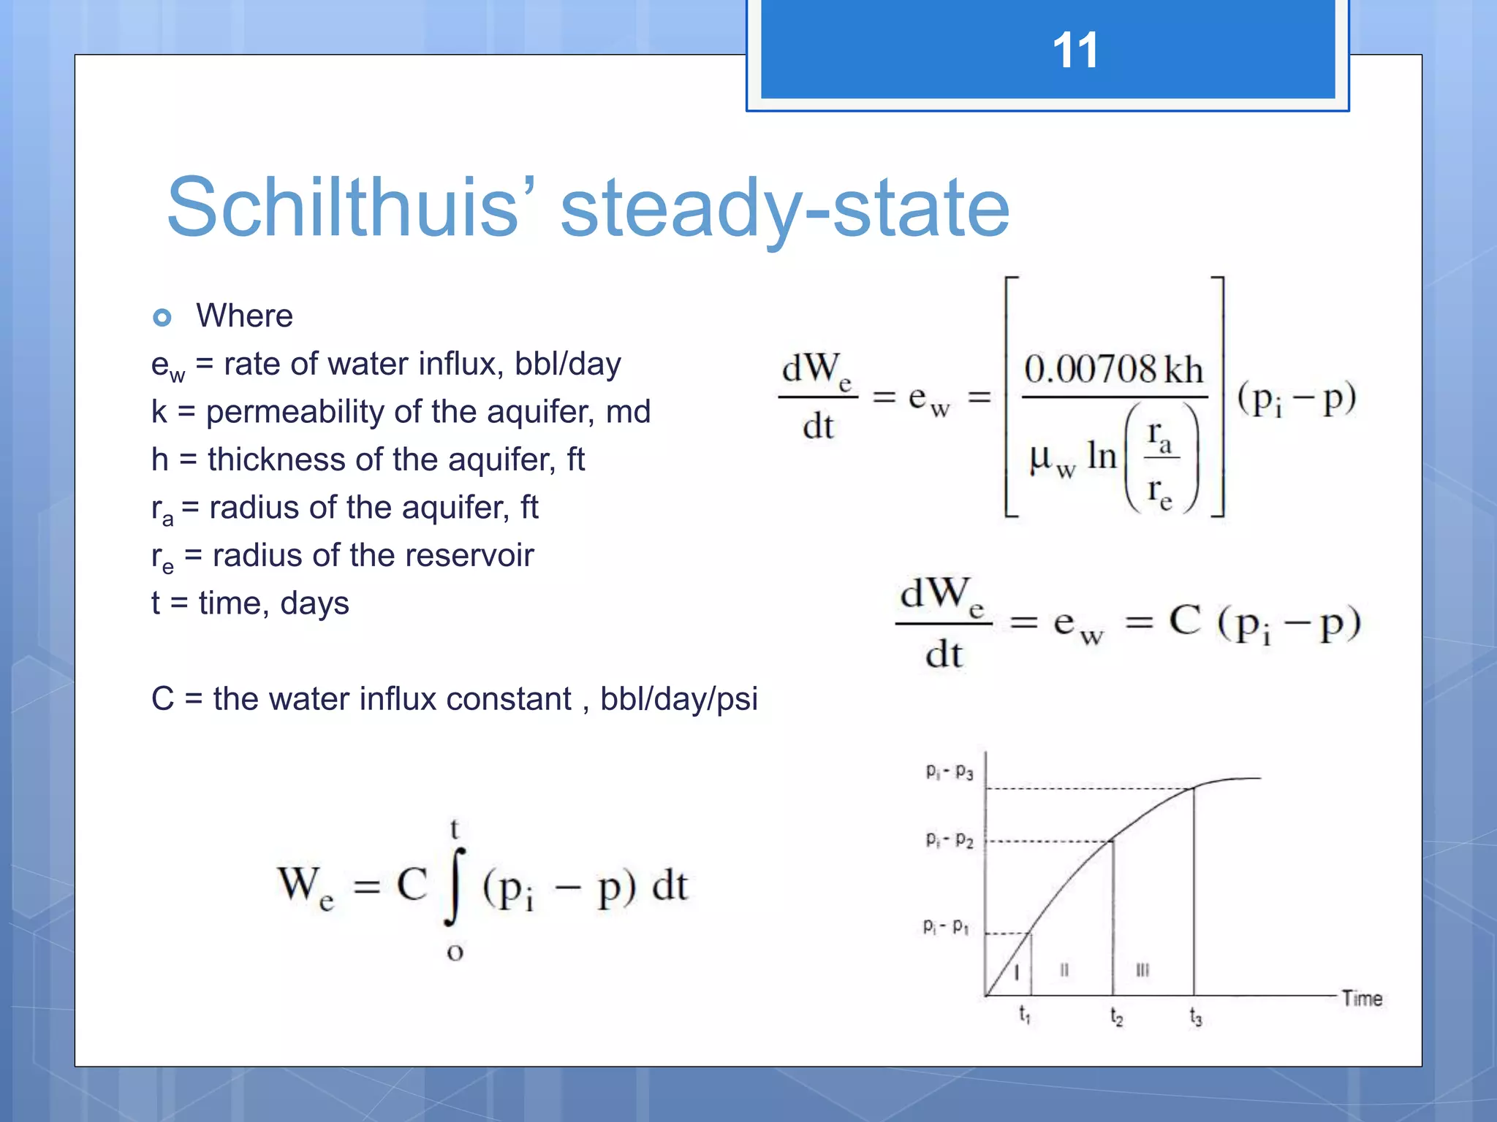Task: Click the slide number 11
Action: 1075,51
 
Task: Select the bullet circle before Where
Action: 162,317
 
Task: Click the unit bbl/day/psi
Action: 678,699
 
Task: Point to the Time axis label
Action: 1362,999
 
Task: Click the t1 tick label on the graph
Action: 1024,1015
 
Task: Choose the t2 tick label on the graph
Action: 1116,1016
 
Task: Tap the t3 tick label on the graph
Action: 1195,1016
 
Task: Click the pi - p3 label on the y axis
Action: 949,772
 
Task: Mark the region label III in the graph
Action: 1142,970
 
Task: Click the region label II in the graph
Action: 1064,970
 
